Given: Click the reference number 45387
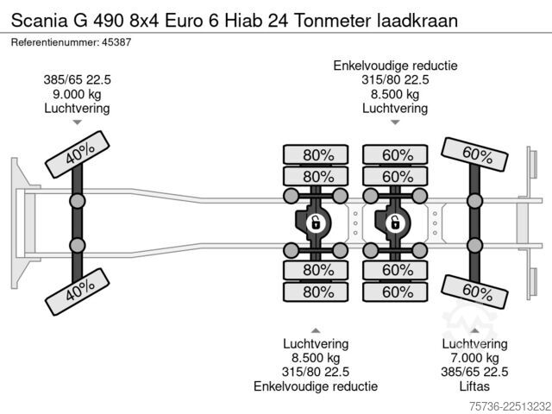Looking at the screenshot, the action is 116,42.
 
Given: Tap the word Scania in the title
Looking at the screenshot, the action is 39,21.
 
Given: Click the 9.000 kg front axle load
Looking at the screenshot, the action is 77,94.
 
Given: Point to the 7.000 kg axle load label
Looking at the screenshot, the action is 474,358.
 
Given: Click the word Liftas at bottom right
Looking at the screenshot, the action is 474,386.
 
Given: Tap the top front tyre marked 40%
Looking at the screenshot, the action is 78,154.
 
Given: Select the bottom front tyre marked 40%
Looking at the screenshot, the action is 78,292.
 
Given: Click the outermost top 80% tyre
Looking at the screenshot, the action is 316,154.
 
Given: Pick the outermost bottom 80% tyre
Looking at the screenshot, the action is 316,292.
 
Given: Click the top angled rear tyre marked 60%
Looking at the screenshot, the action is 474,154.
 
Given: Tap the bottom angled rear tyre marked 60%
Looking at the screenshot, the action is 474,292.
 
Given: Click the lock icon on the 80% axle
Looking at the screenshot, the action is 316,223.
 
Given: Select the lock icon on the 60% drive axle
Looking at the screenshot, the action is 395,223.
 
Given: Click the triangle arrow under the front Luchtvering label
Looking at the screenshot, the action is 77,122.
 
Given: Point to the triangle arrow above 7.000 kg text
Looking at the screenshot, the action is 474,330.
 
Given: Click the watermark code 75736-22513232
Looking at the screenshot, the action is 510,407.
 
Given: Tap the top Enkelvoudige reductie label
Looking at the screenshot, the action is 395,66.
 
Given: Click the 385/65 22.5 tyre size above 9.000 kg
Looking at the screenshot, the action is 77,80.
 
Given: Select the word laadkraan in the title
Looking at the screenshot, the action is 417,21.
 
